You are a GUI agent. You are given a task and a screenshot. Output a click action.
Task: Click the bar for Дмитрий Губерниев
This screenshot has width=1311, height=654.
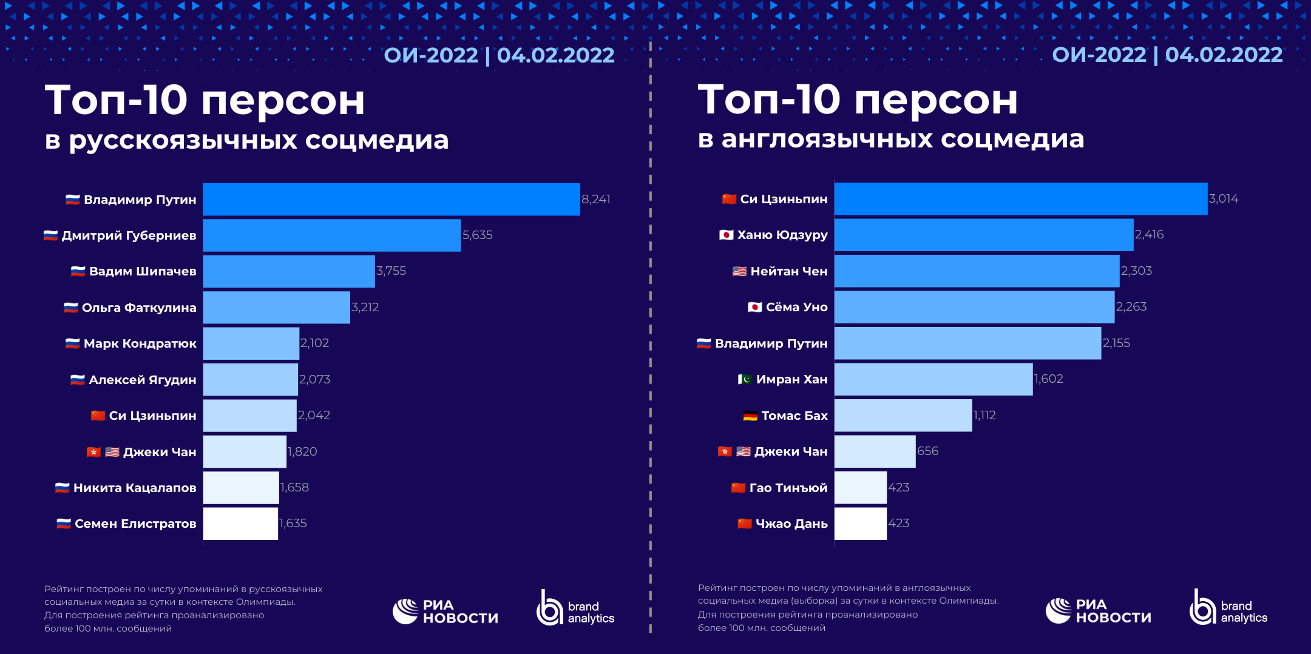(x=331, y=235)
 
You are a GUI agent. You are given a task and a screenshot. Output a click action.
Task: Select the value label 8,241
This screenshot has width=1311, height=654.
(x=595, y=199)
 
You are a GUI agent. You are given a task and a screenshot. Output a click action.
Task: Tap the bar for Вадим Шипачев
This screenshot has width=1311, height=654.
(x=289, y=271)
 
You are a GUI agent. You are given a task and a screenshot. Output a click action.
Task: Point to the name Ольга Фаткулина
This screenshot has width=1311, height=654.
(x=139, y=308)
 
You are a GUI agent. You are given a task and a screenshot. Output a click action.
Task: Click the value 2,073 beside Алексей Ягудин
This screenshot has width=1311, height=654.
(x=314, y=379)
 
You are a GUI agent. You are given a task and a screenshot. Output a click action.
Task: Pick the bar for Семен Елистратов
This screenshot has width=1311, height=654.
(x=240, y=524)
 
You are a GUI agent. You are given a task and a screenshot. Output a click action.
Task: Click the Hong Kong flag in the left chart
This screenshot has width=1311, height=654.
(x=93, y=452)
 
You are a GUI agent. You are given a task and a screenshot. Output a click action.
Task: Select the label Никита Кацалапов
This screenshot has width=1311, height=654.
(x=135, y=488)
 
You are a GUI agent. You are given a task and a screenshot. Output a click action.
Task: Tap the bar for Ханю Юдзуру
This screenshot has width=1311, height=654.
(x=983, y=235)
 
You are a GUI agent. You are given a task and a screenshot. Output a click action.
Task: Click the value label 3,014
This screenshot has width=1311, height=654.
(x=1223, y=198)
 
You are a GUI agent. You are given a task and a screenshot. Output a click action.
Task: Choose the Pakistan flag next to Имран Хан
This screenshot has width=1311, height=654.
(x=745, y=379)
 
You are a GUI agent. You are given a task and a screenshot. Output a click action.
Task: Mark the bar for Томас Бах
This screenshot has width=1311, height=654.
(x=903, y=416)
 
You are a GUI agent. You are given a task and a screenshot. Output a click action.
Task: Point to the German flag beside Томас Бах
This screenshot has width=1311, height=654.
(x=750, y=416)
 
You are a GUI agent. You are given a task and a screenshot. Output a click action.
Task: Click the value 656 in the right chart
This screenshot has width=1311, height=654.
(x=927, y=451)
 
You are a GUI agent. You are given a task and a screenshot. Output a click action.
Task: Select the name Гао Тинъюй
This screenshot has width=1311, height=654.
(x=788, y=488)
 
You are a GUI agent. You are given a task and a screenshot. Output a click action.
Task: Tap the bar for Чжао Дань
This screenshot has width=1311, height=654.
(x=860, y=524)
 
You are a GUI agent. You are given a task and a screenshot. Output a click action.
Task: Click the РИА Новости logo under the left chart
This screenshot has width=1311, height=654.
(x=445, y=612)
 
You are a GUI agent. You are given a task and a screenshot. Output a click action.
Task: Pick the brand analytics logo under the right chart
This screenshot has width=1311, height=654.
(x=1228, y=608)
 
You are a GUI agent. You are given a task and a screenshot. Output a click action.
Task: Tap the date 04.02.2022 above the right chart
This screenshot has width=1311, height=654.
(x=1224, y=55)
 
